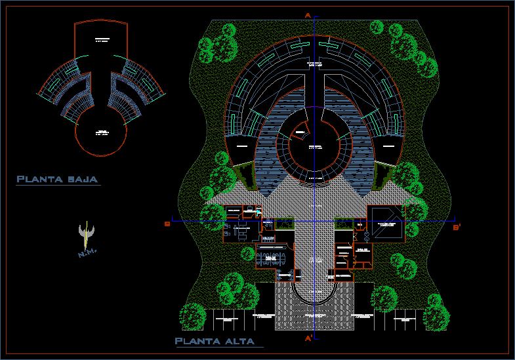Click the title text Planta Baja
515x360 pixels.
point(58,179)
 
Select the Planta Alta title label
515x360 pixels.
point(218,341)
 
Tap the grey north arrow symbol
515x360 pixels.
point(87,233)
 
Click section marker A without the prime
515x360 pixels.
point(307,14)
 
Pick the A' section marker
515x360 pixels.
point(308,338)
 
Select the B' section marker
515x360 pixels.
point(457,228)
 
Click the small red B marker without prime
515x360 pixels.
point(167,224)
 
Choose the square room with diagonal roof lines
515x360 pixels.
point(385,224)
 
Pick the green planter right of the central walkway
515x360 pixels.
point(343,223)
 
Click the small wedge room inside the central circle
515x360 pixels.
point(300,133)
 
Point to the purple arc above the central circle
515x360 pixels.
point(314,108)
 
